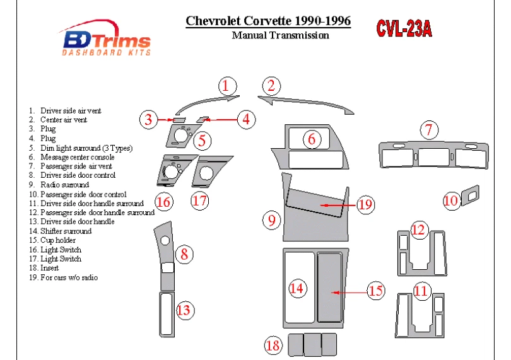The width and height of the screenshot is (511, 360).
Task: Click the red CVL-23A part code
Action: (x=404, y=29)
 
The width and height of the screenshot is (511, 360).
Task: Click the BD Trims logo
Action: (x=106, y=42)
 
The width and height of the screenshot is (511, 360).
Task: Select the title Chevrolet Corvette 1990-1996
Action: (x=268, y=21)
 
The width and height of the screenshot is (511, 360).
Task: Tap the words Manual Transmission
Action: (x=280, y=35)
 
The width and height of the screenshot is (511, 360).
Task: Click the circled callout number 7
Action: (x=429, y=131)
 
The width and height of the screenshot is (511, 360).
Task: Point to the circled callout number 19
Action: (x=365, y=204)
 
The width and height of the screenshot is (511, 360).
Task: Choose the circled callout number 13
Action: (x=184, y=310)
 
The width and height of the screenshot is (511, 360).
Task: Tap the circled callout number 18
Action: (x=273, y=345)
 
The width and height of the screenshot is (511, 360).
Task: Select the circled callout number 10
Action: (x=450, y=200)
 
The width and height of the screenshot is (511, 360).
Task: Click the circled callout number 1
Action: (x=228, y=86)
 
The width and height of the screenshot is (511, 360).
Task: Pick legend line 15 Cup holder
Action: (x=58, y=240)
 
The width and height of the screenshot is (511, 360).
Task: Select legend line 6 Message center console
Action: (x=77, y=157)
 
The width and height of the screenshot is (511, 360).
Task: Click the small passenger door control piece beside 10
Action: (x=469, y=197)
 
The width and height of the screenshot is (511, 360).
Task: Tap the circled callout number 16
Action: (x=163, y=202)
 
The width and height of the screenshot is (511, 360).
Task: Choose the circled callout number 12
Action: (x=418, y=230)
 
